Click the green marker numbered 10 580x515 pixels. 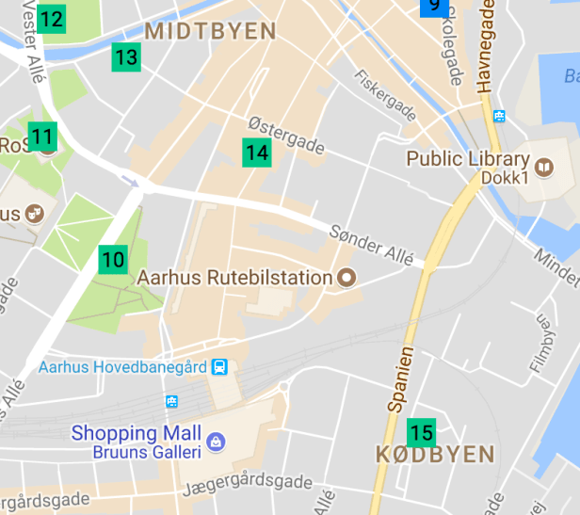point(113,259)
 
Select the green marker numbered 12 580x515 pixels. point(52,18)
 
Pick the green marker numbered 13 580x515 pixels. point(126,57)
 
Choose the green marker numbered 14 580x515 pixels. point(257,152)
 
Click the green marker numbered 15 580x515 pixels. point(422,432)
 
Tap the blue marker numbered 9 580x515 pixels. point(433,7)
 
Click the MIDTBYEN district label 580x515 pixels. point(211,31)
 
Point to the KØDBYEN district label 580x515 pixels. point(434,455)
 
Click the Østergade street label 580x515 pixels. point(286,136)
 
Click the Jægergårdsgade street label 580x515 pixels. point(249,484)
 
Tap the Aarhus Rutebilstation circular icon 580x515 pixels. point(346,278)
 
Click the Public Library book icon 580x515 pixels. point(543,167)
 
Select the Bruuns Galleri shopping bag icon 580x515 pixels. point(216,442)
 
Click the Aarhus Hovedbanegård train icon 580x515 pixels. point(219,366)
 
